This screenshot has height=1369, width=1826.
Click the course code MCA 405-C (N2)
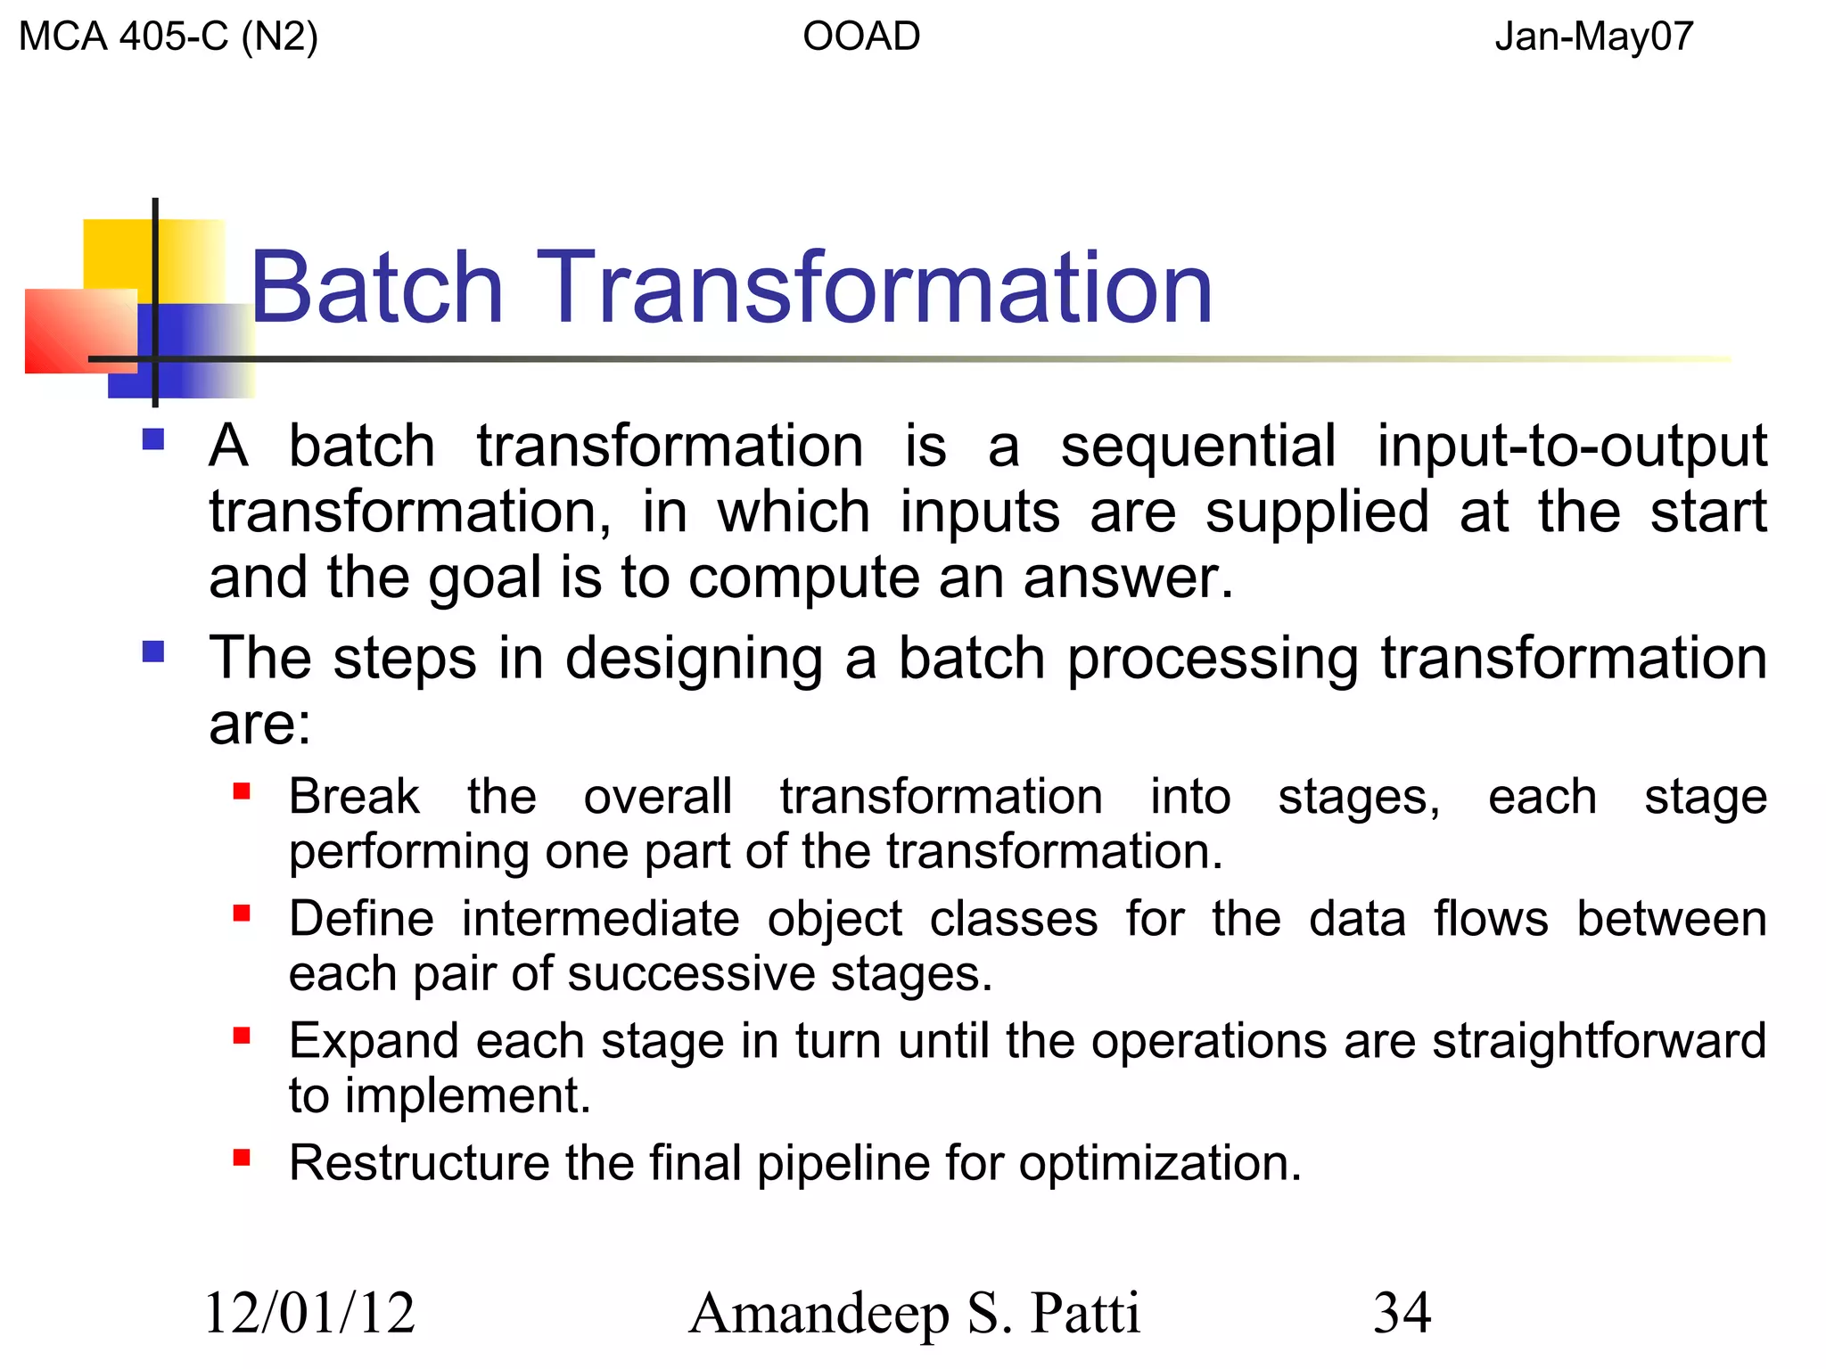(x=168, y=37)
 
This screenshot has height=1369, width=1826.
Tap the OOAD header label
(x=860, y=37)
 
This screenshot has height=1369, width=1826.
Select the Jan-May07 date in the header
(x=1593, y=37)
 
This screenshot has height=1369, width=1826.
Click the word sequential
(x=1197, y=446)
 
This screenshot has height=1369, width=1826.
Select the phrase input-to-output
(x=1571, y=446)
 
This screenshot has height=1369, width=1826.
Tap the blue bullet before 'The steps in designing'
(x=153, y=652)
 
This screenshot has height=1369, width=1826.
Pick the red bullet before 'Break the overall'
(x=242, y=791)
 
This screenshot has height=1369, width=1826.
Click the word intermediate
(x=599, y=919)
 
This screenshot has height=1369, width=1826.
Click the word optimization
(x=1159, y=1164)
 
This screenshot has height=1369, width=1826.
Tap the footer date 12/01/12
(x=309, y=1313)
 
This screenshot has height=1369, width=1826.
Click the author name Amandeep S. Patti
(x=914, y=1313)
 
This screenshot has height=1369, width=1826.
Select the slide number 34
(x=1402, y=1313)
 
